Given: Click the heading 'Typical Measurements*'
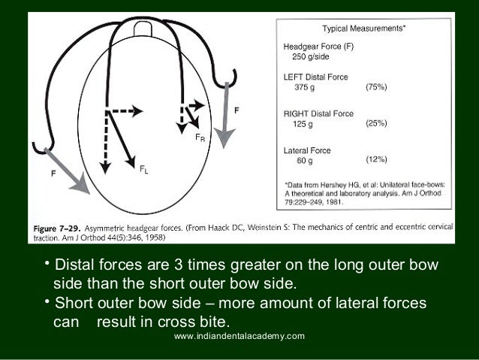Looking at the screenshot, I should [x=364, y=28].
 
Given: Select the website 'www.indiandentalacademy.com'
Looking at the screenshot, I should [x=239, y=336].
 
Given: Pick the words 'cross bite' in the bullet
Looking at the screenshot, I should [x=149, y=322].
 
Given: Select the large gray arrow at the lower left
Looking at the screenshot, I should [x=71, y=171].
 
